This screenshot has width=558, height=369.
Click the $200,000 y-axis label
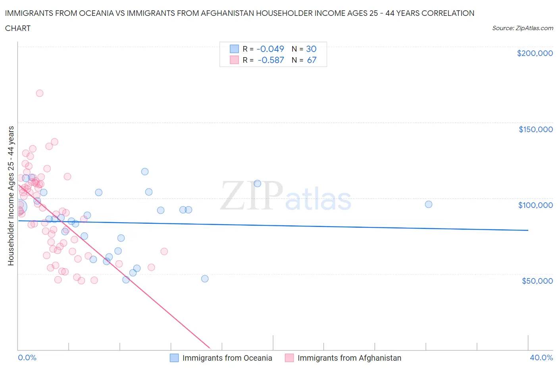pos(535,53)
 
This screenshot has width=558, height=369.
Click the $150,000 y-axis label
pos(535,129)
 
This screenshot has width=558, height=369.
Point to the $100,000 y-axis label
pos(535,205)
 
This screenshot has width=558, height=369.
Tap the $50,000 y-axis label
pos(537,281)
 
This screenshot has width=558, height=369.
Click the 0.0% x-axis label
pos(27,357)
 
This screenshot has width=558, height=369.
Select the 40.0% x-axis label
pos(541,357)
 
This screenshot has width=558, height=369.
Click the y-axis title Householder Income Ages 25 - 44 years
pos(11,196)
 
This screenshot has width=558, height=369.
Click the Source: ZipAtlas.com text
pos(522,28)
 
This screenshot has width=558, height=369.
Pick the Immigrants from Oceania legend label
pos(227,358)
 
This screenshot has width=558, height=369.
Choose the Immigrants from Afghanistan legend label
pos(349,358)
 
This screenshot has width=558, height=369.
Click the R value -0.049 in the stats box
pos(270,49)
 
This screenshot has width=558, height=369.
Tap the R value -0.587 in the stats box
pos(271,60)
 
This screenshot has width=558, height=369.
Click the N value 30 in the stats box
pos(311,49)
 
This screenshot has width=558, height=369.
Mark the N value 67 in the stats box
pos(312,60)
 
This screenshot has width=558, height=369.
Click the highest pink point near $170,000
pos(40,93)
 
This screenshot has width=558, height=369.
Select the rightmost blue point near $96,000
pos(428,204)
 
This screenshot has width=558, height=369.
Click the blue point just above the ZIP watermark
pos(257,183)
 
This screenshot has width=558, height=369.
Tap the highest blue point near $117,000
pos(145,171)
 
